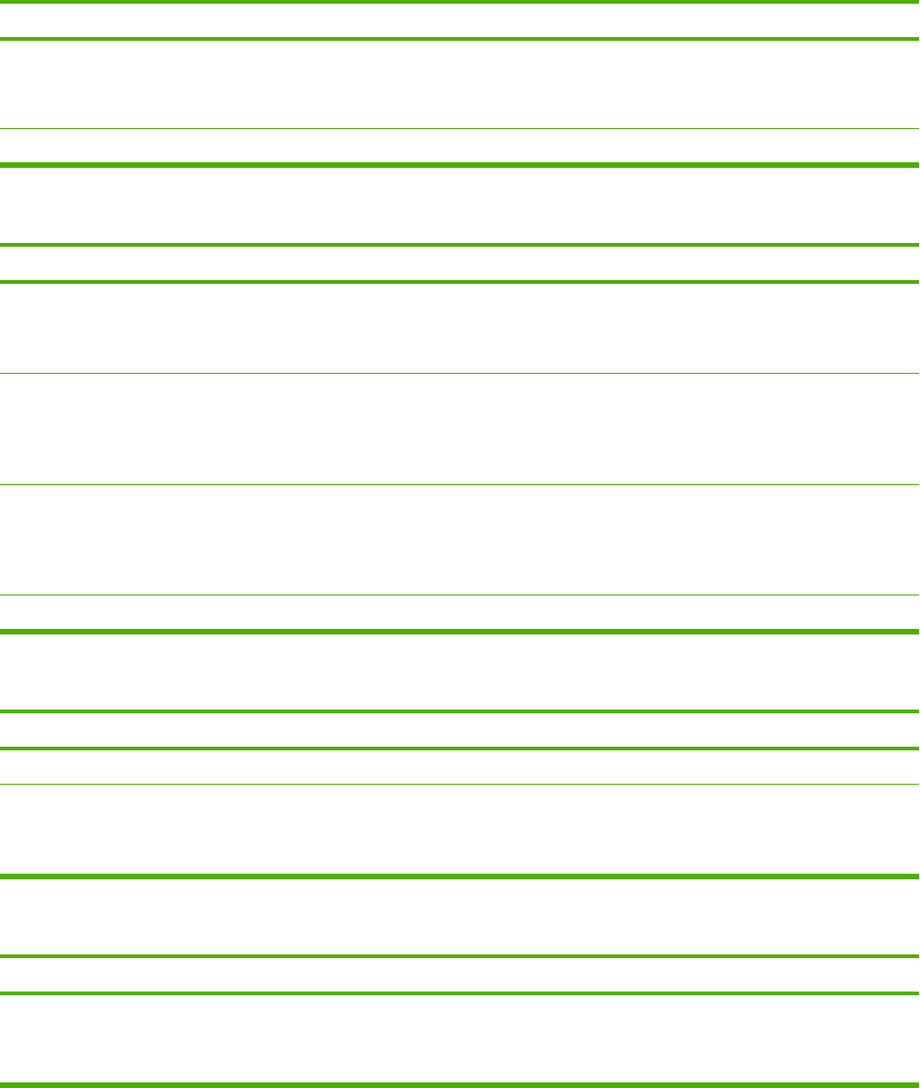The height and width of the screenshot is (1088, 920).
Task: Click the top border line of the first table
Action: [x=460, y=2]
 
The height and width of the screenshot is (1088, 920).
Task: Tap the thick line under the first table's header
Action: [x=460, y=39]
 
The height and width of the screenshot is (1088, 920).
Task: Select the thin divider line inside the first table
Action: [x=460, y=128]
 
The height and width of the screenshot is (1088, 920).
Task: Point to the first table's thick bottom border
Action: [x=460, y=165]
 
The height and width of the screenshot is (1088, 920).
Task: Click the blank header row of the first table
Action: [x=460, y=20]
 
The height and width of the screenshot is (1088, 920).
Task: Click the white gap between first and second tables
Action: [x=460, y=204]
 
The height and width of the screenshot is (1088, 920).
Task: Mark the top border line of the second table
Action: [x=460, y=245]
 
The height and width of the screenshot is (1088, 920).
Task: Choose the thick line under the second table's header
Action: [x=460, y=281]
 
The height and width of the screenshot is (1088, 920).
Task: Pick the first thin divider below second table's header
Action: [x=460, y=373]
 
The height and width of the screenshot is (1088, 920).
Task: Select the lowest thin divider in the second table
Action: [x=460, y=595]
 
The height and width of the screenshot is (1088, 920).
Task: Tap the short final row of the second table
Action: [x=460, y=612]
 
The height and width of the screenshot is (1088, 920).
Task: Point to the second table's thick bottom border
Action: [x=460, y=632]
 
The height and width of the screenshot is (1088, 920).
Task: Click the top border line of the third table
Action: [x=460, y=711]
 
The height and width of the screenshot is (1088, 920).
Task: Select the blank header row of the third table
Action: [x=460, y=730]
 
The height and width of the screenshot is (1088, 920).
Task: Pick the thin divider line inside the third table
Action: [x=460, y=784]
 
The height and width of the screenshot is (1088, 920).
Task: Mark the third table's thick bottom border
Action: [x=460, y=876]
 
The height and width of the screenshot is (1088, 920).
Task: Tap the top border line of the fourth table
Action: [x=460, y=956]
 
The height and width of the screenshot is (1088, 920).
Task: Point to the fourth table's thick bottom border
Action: [x=460, y=1084]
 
